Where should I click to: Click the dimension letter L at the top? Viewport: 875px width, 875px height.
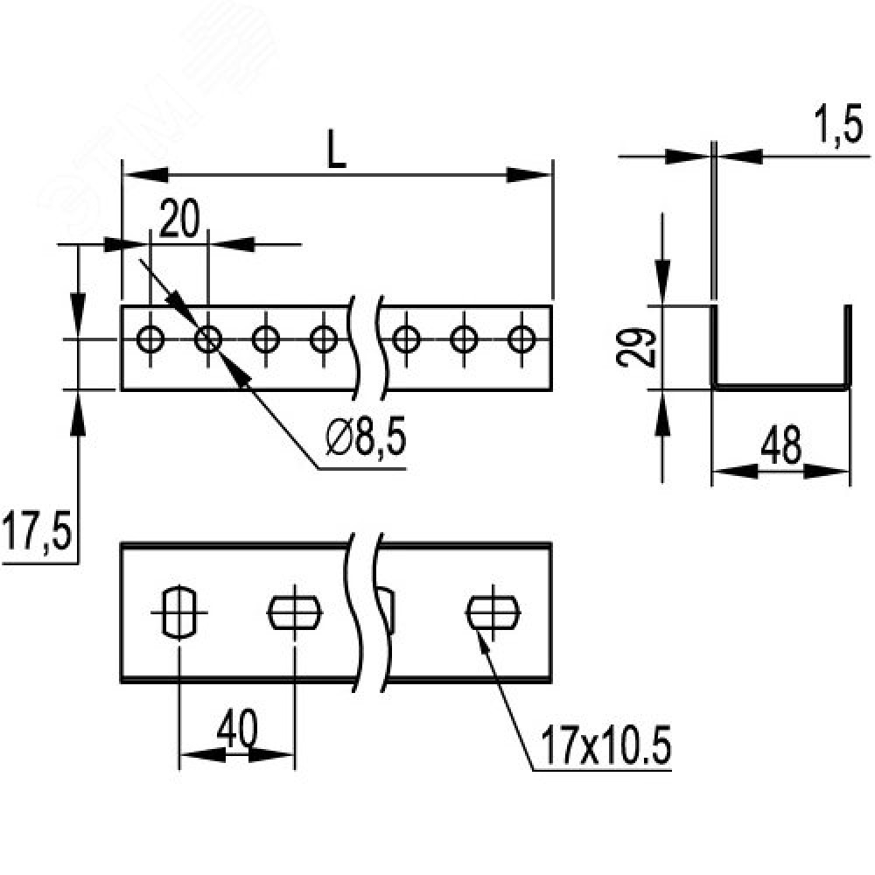[337, 150]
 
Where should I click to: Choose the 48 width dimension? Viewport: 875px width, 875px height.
[780, 447]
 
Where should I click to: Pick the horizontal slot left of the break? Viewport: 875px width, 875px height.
[294, 610]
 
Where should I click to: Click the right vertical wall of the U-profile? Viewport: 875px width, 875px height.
[846, 346]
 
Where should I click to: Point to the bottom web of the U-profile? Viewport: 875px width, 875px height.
[780, 385]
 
